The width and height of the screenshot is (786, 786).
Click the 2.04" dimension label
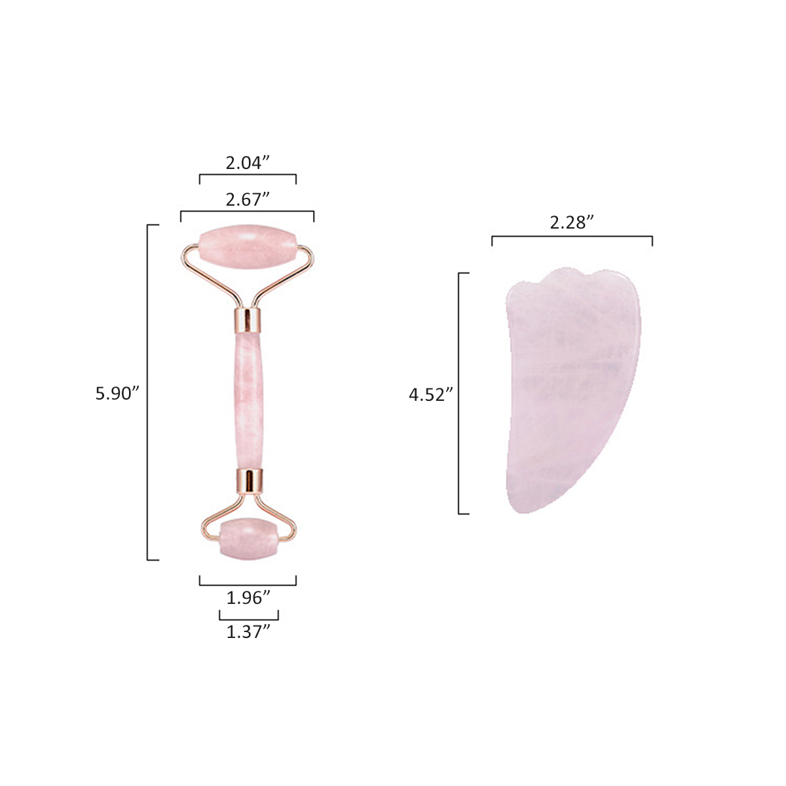pyautogui.click(x=248, y=162)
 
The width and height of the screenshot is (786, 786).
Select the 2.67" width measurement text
pyautogui.click(x=248, y=199)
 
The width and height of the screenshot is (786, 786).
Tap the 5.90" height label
pyautogui.click(x=118, y=393)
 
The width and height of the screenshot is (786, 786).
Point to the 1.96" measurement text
pyautogui.click(x=248, y=597)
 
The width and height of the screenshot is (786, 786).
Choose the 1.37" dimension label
pyautogui.click(x=248, y=632)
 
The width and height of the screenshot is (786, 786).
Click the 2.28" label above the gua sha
pyautogui.click(x=572, y=222)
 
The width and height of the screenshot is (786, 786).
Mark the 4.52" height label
pyautogui.click(x=431, y=394)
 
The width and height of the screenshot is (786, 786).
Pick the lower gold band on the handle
pyautogui.click(x=248, y=480)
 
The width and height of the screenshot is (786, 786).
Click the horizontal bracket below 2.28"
pyautogui.click(x=572, y=236)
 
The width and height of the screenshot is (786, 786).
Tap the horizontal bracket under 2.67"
pyautogui.click(x=248, y=212)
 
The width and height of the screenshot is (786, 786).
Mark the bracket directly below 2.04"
pyautogui.click(x=248, y=175)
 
